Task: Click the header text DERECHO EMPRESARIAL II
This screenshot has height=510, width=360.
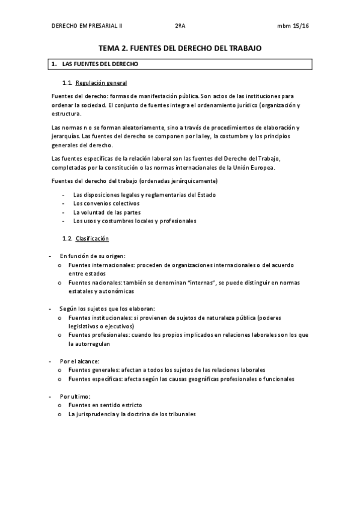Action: pos(87,26)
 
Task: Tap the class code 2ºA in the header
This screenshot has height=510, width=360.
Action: pos(180,26)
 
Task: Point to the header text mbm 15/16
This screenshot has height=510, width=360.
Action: pos(293,26)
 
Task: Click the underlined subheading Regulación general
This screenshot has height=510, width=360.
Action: pos(101,82)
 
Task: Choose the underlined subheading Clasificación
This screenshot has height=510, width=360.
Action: pos(92,239)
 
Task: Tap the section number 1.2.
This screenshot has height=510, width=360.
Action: pos(67,239)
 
